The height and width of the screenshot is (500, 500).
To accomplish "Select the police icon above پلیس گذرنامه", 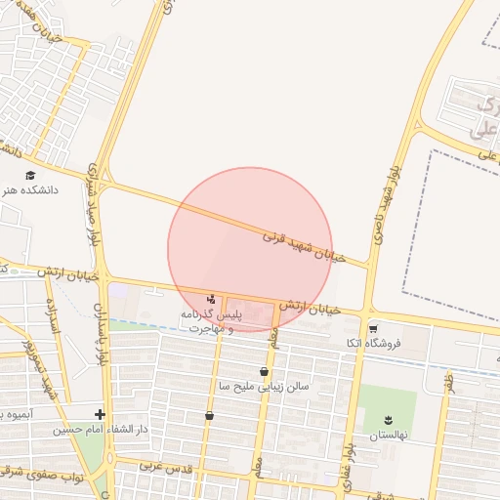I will (212, 298).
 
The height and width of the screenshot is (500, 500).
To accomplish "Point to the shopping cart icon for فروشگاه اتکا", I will (373, 328).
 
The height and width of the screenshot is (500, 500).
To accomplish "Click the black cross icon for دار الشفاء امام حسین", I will (101, 414).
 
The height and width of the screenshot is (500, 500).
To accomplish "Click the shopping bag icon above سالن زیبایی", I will (264, 372).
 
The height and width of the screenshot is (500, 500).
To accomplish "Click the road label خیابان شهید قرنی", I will (301, 243).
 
